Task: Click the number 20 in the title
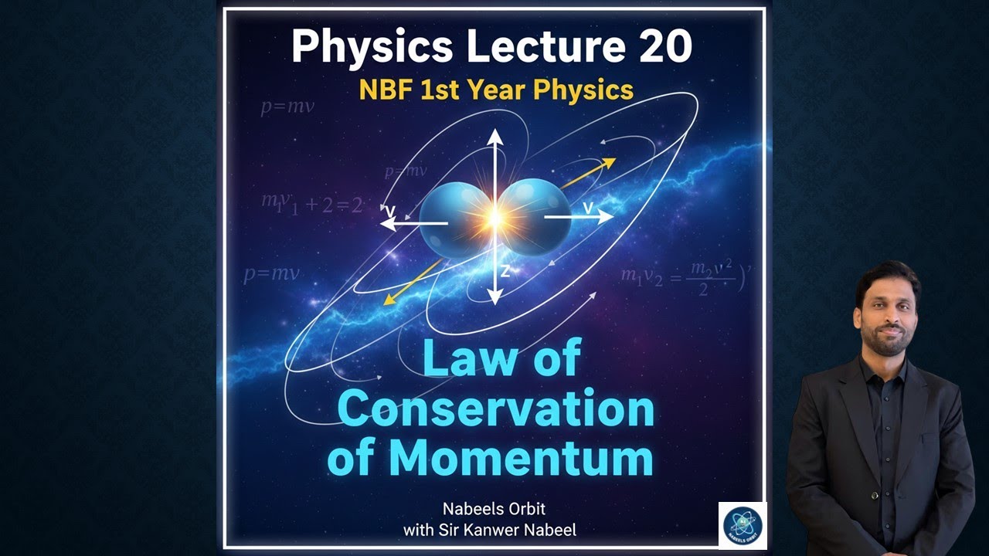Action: pyautogui.click(x=665, y=47)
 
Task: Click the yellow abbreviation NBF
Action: pyautogui.click(x=386, y=90)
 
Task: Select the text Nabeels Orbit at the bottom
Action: pyautogui.click(x=494, y=510)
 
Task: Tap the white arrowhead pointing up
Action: pyautogui.click(x=494, y=137)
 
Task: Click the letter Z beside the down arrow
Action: pyautogui.click(x=505, y=271)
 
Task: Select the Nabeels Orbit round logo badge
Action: pyautogui.click(x=743, y=525)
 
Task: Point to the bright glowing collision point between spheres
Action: pyautogui.click(x=494, y=219)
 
